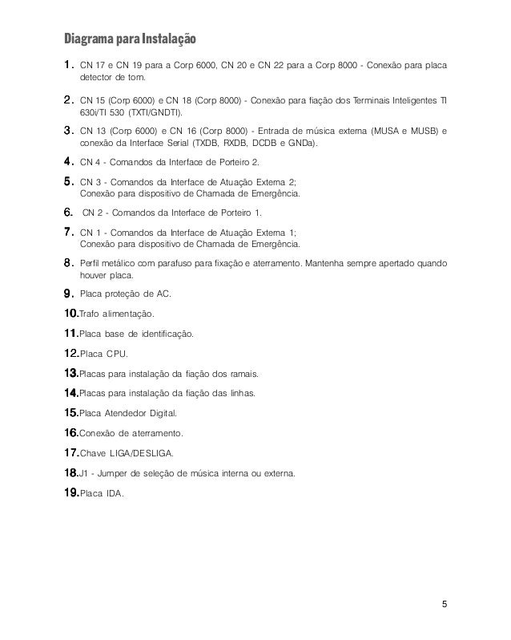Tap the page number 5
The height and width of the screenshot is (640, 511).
(x=446, y=604)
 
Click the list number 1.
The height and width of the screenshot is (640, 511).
(x=69, y=62)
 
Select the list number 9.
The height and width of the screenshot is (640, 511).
(x=69, y=293)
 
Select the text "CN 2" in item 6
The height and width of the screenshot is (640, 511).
(x=92, y=212)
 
